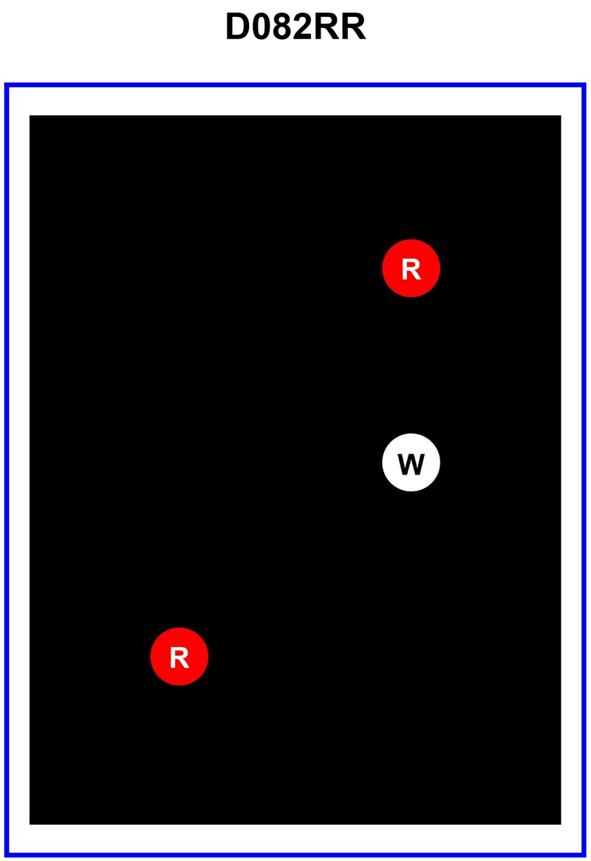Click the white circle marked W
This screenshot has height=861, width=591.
point(411,463)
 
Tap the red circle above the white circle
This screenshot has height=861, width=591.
point(411,268)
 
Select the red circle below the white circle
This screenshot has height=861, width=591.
point(180,656)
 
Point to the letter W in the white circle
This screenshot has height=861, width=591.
point(411,464)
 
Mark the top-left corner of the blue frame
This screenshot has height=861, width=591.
point(7,86)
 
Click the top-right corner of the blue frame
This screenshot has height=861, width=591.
point(584,86)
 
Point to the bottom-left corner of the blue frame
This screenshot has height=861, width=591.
point(7,855)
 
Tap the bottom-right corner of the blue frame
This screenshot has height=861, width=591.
point(584,855)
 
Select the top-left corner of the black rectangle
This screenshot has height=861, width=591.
point(30,116)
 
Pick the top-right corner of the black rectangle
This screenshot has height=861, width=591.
point(561,116)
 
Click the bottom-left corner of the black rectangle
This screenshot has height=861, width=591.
point(30,824)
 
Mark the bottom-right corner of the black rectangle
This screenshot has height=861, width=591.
point(561,824)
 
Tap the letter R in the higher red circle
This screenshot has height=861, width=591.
point(411,270)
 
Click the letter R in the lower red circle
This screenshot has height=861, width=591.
point(180,658)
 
